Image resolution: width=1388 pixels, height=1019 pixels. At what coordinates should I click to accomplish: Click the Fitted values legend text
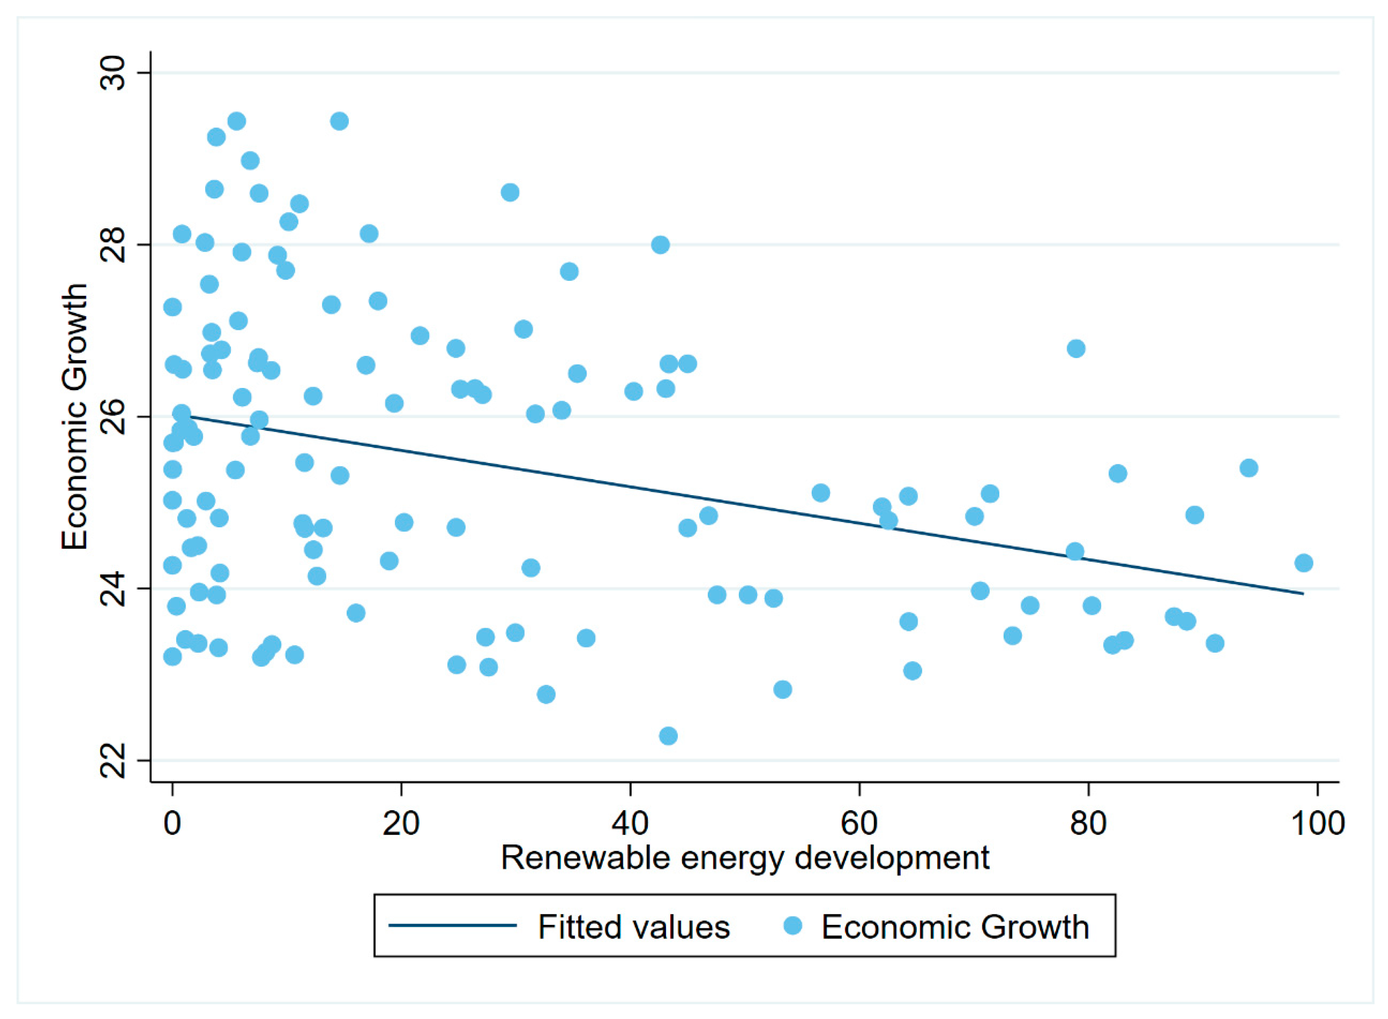click(x=634, y=927)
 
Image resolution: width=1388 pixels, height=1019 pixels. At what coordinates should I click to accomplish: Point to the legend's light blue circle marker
click(x=792, y=926)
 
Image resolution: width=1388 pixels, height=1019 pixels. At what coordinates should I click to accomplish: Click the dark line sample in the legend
click(x=452, y=926)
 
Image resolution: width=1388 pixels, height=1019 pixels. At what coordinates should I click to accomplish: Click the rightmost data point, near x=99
click(x=1303, y=562)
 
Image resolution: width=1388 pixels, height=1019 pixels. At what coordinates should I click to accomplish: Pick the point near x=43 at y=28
click(x=660, y=245)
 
